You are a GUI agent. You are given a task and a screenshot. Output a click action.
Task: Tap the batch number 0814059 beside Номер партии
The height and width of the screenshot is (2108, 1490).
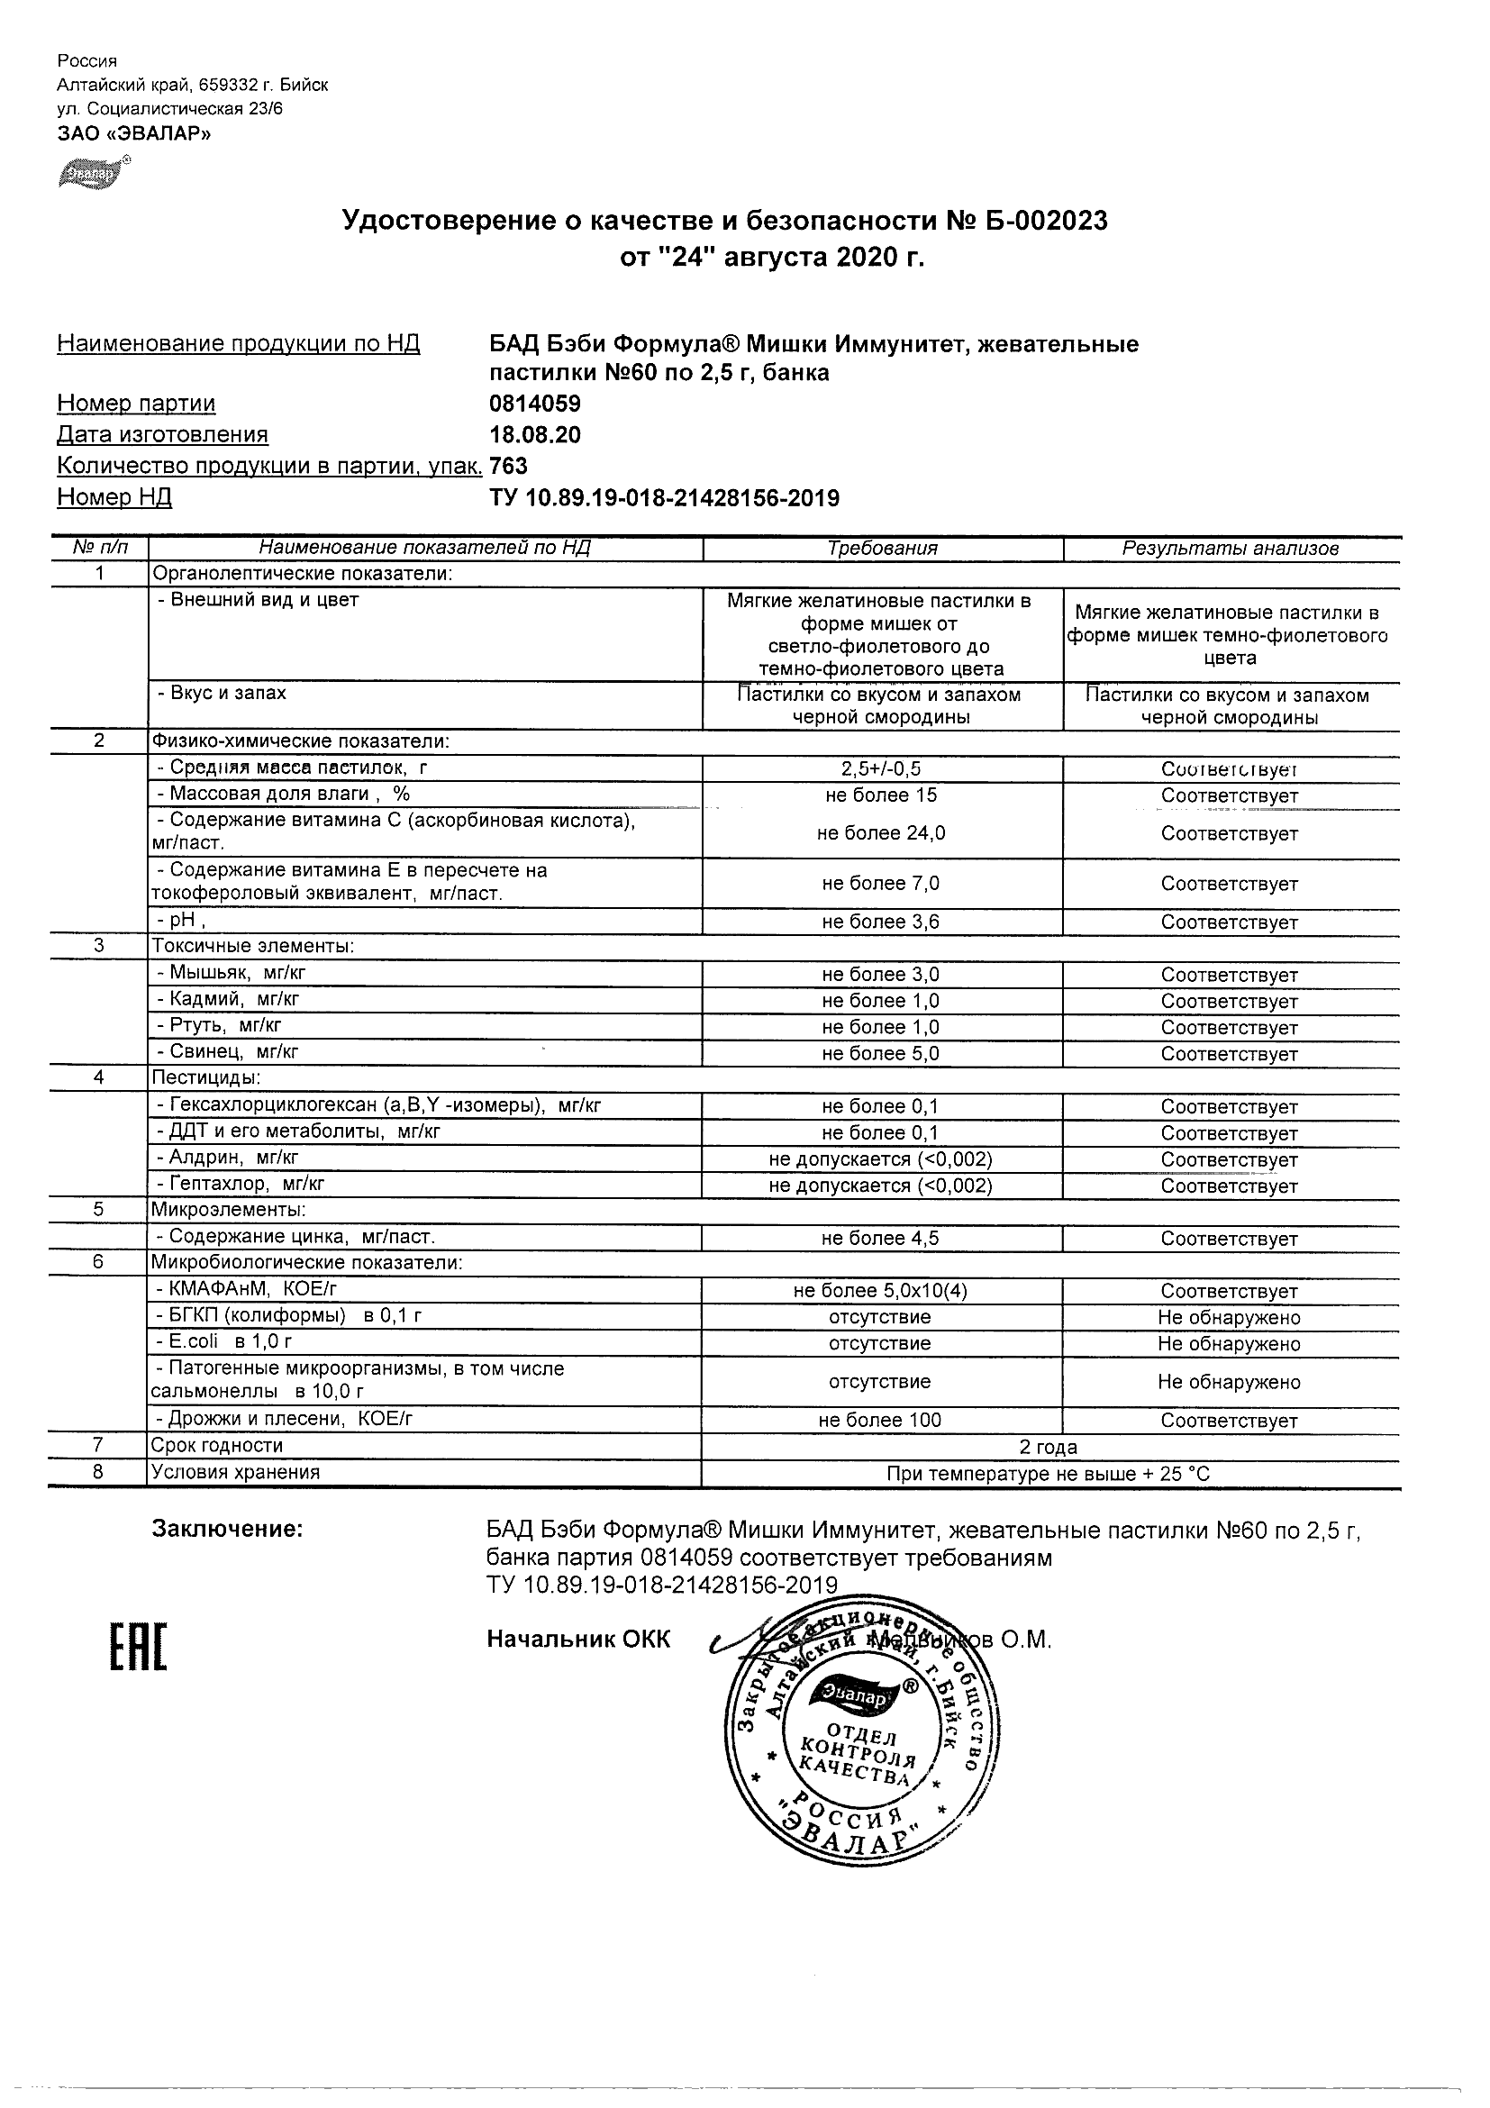(534, 404)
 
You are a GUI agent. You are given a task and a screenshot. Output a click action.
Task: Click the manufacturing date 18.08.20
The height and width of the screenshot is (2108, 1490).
(534, 435)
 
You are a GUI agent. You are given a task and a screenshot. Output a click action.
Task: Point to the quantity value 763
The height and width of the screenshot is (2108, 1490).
(509, 467)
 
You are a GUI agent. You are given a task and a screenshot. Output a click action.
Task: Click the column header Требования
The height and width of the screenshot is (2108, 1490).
(881, 549)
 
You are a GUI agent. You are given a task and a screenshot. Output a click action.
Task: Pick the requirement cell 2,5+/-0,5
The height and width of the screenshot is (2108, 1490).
(880, 769)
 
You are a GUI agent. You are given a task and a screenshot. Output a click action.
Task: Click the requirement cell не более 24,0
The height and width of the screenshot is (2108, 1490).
(880, 833)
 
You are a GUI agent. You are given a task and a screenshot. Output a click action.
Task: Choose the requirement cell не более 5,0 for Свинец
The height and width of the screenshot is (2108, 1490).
(880, 1054)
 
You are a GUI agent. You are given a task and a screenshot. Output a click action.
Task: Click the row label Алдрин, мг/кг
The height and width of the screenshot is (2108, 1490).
(233, 1158)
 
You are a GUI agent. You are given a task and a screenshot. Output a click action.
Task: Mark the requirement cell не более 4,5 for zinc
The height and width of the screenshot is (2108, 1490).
(880, 1239)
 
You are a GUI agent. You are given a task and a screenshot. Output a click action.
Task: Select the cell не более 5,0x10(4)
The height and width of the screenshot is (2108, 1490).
(880, 1291)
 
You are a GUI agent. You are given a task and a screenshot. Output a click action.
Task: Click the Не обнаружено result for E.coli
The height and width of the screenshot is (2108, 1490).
(1230, 1344)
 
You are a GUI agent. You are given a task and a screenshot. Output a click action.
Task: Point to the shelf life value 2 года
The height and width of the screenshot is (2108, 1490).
(1049, 1448)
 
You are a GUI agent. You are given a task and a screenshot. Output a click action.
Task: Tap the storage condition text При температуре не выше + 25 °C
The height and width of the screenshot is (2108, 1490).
(1049, 1475)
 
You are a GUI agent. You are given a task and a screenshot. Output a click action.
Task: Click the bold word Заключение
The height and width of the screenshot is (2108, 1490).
(227, 1529)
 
